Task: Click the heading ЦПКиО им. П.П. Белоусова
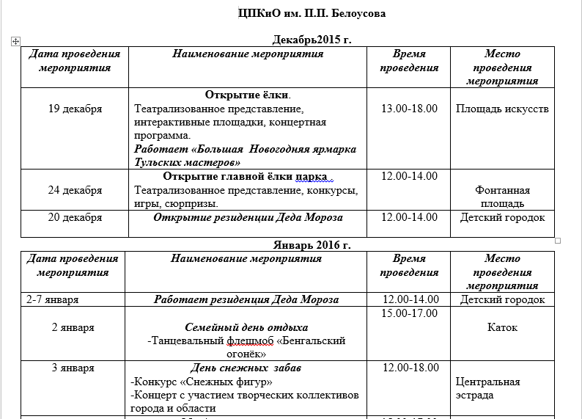312,14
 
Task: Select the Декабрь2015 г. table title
312,40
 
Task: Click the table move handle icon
15,43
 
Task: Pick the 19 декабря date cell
75,109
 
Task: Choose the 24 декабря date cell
75,190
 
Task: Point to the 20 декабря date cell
75,217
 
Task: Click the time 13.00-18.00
410,109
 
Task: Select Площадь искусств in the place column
502,109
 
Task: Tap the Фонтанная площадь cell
502,197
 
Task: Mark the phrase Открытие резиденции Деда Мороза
248,217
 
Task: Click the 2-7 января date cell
52,299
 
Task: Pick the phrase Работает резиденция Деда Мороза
246,299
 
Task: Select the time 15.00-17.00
410,313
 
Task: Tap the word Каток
502,327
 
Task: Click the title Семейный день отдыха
246,327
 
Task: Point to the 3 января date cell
73,368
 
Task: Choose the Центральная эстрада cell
488,388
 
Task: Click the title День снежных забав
246,368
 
